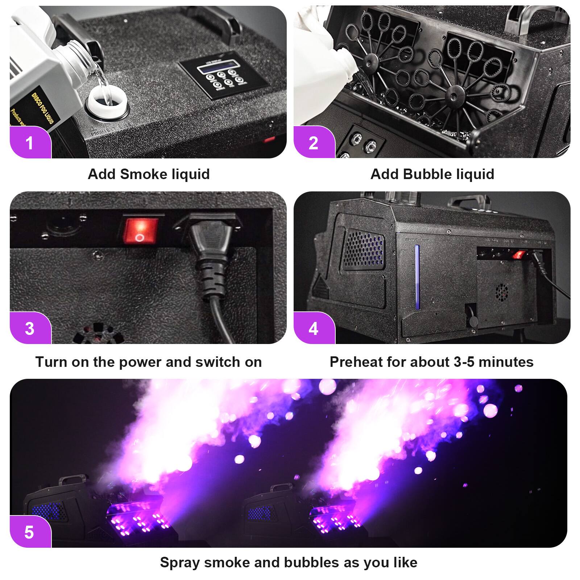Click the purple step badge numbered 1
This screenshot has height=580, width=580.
click(30, 142)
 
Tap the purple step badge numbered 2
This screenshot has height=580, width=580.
click(314, 142)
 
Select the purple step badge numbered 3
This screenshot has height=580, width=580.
click(30, 328)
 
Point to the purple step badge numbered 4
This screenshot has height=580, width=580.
click(314, 328)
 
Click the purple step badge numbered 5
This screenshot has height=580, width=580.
click(30, 532)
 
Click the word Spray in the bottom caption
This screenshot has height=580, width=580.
click(180, 562)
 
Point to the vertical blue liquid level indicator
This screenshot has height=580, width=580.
click(417, 277)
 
